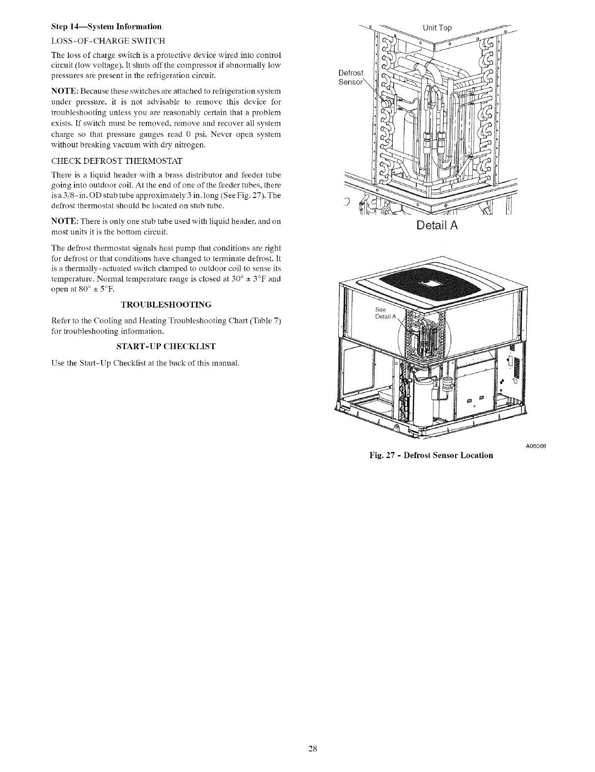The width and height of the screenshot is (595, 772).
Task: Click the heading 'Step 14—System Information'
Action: pos(106,26)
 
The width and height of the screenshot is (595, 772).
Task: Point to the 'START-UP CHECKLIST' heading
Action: pos(166,347)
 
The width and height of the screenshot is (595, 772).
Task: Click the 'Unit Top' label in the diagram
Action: pos(436,27)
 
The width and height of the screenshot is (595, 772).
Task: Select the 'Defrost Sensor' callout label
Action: pos(351,77)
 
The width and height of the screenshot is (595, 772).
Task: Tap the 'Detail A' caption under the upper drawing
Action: pos(437,226)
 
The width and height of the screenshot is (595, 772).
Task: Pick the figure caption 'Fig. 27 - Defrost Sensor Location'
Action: pos(431,455)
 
